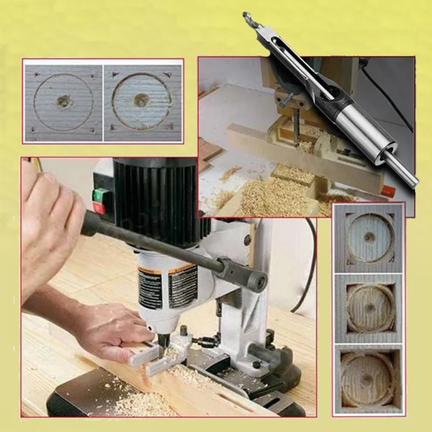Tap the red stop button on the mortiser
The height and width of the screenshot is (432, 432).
pos(99,208)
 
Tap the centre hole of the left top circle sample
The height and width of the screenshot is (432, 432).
pos(63,101)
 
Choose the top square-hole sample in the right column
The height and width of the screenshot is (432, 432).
pos(369,238)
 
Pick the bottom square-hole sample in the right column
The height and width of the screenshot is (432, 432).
pos(369,379)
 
